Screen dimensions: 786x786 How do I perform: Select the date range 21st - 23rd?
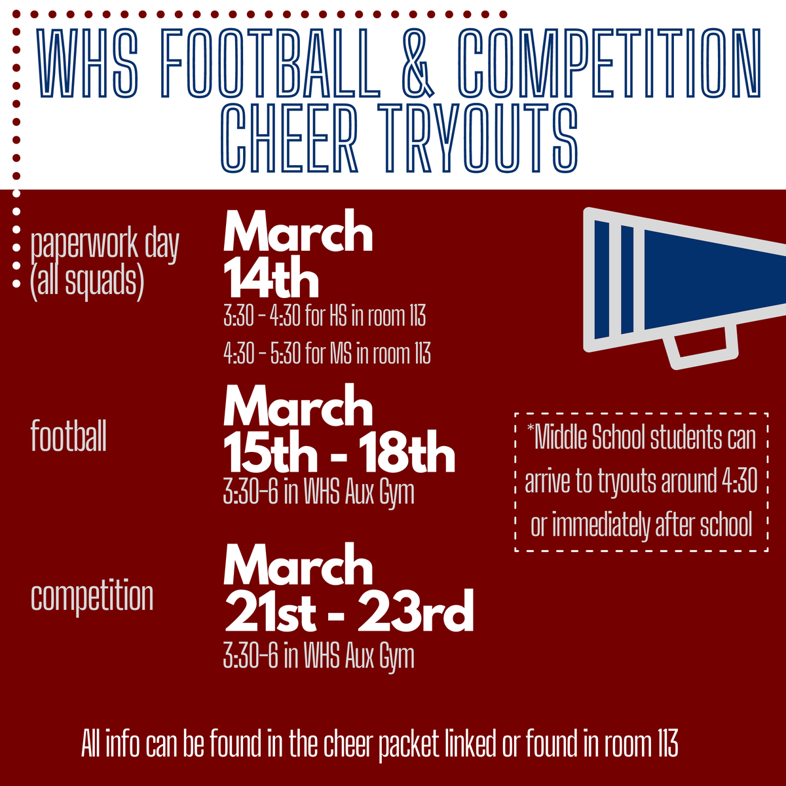(348, 612)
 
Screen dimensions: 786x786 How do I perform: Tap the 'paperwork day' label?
(105, 245)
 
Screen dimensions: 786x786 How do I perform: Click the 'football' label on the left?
(69, 436)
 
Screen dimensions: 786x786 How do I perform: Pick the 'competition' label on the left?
(92, 596)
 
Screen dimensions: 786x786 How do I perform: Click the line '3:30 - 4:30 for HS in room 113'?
(324, 317)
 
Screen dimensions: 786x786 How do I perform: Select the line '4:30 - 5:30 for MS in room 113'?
(327, 354)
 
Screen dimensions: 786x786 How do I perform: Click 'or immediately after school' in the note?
(641, 525)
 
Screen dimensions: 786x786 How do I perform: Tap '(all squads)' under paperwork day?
(86, 280)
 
